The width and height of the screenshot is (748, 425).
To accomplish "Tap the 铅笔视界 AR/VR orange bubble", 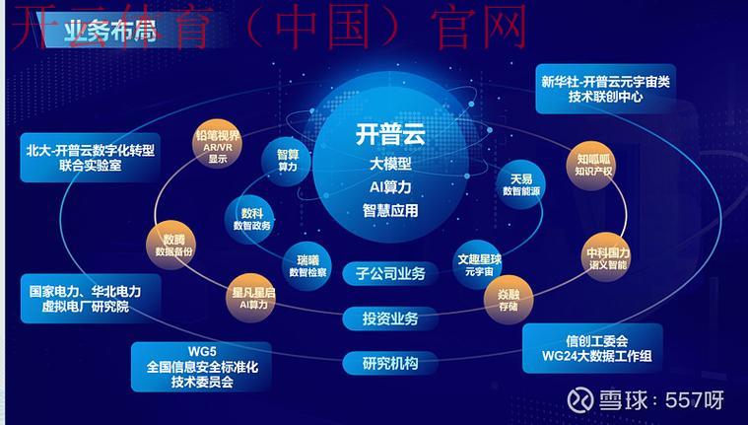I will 217,144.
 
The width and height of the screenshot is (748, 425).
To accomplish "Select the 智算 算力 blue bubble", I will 287,160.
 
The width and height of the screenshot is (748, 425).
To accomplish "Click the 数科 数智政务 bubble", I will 250,219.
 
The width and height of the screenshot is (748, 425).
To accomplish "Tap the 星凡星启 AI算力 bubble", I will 253,298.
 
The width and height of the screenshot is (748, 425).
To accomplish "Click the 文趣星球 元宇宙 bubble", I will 479,263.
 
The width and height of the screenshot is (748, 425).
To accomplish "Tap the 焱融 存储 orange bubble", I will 508,299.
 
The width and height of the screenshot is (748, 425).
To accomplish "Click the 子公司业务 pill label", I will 384,273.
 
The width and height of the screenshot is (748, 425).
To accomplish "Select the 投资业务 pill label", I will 384,318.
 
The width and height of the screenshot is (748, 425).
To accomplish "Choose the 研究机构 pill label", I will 384,363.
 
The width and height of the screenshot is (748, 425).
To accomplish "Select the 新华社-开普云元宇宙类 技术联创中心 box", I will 605,89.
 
